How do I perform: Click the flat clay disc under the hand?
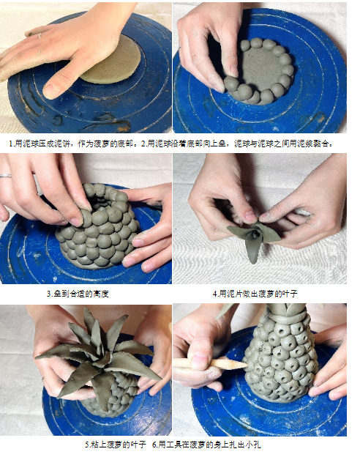pos(116,64)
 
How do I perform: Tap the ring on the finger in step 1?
pos(40,36)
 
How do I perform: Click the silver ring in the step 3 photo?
pos(6,176)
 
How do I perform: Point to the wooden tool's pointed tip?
pos(246,364)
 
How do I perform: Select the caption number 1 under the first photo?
pos(12,144)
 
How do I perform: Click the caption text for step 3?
pos(78,294)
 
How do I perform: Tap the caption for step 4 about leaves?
pos(255,294)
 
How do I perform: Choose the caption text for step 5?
pos(116,445)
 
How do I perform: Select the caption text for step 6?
pos(206,445)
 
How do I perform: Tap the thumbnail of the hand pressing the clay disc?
pos(86,67)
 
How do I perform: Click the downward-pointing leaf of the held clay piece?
pos(253,250)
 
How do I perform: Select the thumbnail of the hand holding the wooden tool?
pos(260,370)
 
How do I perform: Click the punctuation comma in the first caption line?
pos(75,145)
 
